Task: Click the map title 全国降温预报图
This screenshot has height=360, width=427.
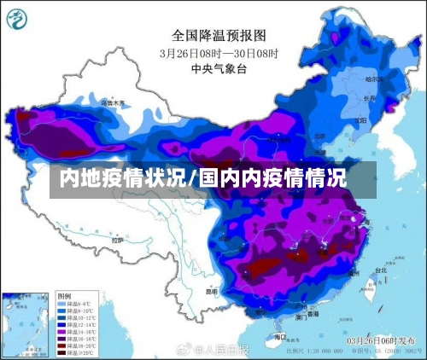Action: [x=219, y=36]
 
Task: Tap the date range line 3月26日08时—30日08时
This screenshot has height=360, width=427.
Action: [x=219, y=52]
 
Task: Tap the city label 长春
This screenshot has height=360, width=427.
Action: [x=368, y=98]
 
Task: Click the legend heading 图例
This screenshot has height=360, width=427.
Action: [x=65, y=296]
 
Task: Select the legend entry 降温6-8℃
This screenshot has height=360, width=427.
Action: [x=78, y=304]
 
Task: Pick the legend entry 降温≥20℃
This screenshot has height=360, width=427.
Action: [x=78, y=351]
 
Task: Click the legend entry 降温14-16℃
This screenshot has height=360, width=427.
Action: [x=78, y=331]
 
